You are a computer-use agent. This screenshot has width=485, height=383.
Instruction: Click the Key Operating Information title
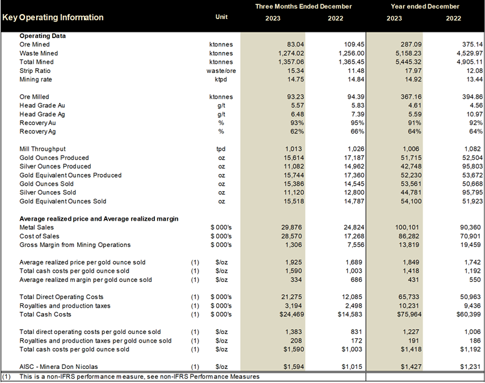(53, 17)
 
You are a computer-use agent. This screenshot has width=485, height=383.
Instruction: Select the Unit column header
(222, 17)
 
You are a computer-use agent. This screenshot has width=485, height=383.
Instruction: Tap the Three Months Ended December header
(304, 6)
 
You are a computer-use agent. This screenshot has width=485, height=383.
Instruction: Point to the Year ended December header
(425, 6)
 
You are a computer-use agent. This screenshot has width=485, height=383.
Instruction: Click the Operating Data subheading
(43, 36)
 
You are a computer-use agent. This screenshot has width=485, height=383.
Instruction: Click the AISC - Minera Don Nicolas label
(58, 366)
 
